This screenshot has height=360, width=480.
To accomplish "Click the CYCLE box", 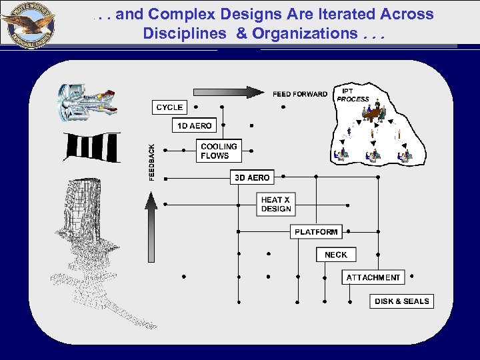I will pos(169,107).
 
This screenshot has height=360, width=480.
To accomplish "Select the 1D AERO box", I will pos(194,125).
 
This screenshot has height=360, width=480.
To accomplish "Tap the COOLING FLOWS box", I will pos(219,151).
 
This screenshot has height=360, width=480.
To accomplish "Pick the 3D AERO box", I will pos(252,177).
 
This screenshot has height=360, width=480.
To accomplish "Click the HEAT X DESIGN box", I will pos(276,204).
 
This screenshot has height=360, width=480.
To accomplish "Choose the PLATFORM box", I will pos(316,231).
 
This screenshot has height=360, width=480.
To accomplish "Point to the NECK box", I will pos(336,255).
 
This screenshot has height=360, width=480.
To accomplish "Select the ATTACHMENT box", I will pos(373,277).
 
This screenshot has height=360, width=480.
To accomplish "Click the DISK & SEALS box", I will pos(401,301).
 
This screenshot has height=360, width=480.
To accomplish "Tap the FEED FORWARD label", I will pos(299,94).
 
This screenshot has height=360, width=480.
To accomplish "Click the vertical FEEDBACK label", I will pos(152,162).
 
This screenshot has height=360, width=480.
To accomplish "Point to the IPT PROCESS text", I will pos(353,95).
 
